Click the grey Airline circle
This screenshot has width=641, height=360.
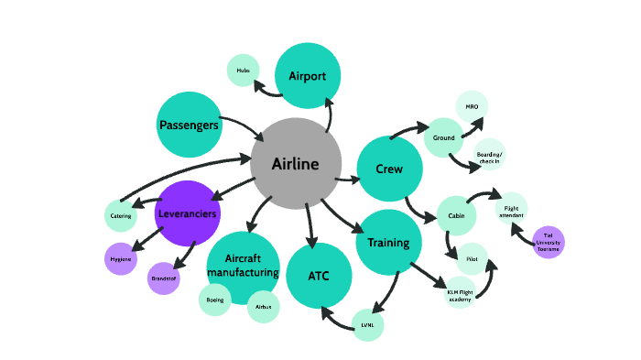296,164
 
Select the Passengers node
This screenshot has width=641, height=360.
190,125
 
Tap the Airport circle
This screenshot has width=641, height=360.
308,76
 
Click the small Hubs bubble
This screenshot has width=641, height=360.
243,71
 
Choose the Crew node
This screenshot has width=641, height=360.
388,169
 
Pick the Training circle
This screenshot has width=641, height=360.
388,243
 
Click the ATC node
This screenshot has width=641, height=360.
319,276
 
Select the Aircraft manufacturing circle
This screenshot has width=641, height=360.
243,267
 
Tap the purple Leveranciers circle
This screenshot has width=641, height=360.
188,214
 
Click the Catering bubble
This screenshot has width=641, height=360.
121,215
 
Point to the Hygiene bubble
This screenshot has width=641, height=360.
121,259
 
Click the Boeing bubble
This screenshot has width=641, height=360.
214,300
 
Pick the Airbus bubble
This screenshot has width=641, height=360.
263,307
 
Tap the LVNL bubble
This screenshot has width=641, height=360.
367,325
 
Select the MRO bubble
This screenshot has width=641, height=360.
472,107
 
